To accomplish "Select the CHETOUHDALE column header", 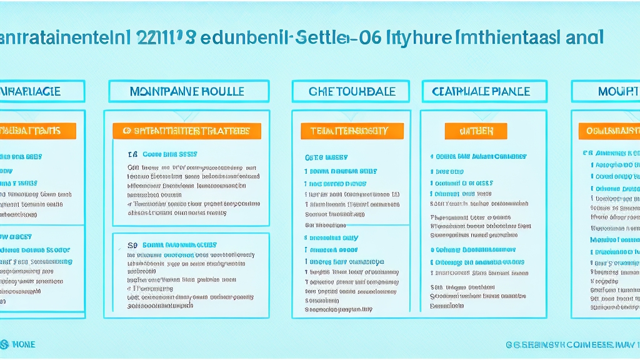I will [x=352, y=91].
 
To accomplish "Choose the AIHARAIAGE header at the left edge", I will [x=34, y=91].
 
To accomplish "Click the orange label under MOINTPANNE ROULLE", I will [x=187, y=131].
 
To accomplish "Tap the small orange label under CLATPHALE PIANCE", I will [x=476, y=131].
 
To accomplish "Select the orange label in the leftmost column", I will [x=34, y=131].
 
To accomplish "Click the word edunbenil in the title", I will [x=244, y=37].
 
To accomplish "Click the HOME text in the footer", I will [x=24, y=344].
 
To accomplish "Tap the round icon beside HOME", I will [x=5, y=344].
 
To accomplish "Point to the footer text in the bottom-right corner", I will [x=572, y=345].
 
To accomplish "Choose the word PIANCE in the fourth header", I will [x=509, y=91].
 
